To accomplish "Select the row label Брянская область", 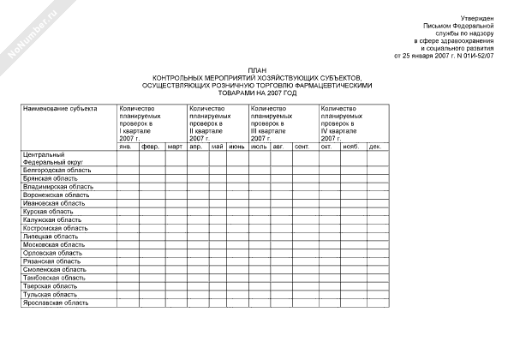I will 47,178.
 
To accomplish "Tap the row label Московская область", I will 52,244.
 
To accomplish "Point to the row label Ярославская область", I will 55,302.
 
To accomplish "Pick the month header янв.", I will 125,147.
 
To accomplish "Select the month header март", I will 175,147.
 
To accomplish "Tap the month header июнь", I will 237,147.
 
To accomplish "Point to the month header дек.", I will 374,147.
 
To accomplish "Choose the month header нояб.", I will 350,147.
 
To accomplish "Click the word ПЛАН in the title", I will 257,70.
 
